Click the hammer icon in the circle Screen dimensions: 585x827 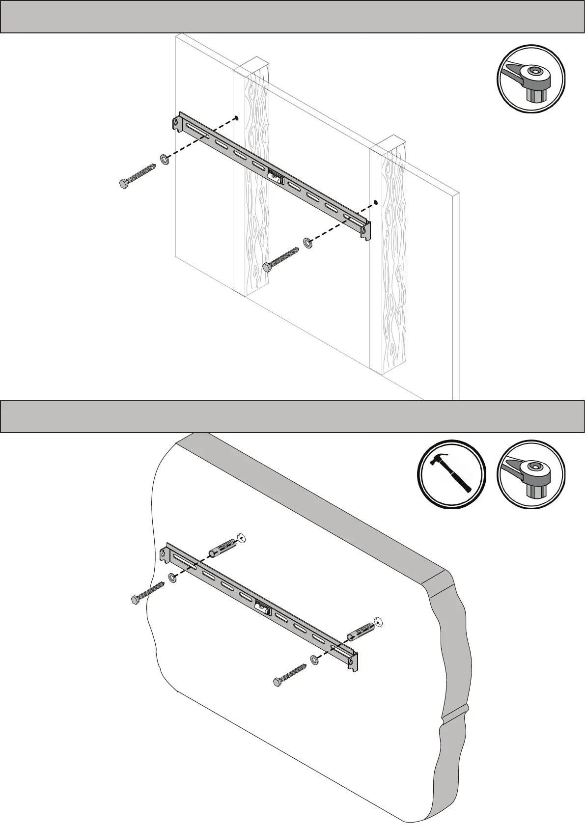451,474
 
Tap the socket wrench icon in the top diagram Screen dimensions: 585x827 531,79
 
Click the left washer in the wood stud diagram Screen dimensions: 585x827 165,159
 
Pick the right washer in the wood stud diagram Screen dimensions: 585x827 308,242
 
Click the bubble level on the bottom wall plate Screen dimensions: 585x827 263,608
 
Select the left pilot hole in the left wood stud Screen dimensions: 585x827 236,117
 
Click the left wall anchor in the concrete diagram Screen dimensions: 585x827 224,547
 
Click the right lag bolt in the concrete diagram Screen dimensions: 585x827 290,675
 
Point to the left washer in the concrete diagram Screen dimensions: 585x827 172,578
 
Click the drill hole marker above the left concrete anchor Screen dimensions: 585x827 240,537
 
